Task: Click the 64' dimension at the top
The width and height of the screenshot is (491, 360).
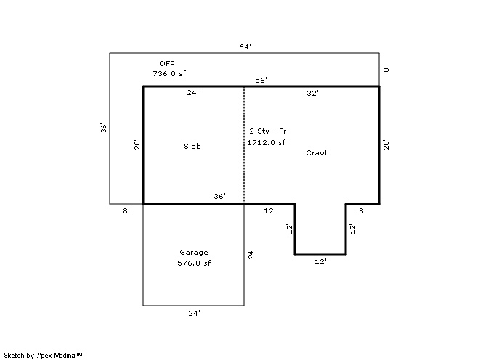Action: click(245, 46)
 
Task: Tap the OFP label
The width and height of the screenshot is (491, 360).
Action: click(167, 64)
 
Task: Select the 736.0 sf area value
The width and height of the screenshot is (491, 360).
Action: click(169, 73)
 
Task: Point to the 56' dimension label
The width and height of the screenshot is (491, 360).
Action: click(261, 80)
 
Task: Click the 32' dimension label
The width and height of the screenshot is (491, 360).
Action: click(313, 93)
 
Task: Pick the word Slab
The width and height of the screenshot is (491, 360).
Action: click(192, 146)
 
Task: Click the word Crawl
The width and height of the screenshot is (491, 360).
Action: click(316, 152)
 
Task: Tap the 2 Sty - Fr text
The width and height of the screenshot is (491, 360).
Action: click(268, 131)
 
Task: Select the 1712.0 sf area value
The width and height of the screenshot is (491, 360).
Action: click(267, 142)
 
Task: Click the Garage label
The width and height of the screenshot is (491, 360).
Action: click(194, 253)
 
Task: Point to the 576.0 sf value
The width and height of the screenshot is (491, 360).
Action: click(194, 263)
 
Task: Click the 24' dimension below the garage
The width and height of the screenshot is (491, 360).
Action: click(195, 313)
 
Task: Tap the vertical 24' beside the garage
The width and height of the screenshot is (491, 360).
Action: click(251, 254)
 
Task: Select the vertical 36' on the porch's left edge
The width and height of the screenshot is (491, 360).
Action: click(104, 128)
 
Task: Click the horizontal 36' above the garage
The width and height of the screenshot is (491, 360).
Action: click(220, 196)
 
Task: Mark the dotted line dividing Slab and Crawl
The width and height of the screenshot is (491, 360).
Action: click(244, 145)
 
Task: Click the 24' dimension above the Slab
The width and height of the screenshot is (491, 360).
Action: click(193, 93)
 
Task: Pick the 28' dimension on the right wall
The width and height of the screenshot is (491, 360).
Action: click(386, 145)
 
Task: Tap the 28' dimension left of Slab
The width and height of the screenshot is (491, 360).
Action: click(137, 145)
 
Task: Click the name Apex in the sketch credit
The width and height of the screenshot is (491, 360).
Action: click(44, 356)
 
